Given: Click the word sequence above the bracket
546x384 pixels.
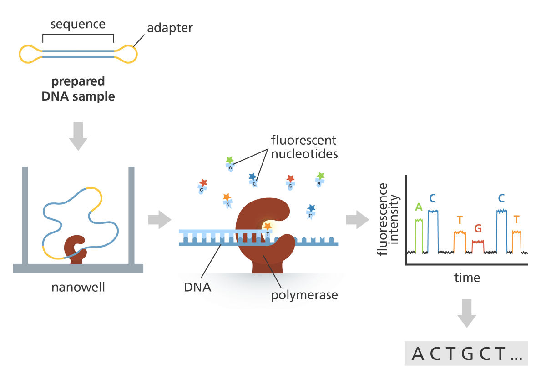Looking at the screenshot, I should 78,24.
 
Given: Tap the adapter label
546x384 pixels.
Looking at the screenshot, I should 170,28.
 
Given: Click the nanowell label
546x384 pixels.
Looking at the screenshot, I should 78,288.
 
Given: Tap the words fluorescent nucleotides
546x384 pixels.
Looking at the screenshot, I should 304,147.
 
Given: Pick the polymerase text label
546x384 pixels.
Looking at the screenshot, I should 304,295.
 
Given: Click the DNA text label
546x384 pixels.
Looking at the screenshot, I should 198,287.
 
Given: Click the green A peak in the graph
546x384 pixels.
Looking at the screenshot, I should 419,234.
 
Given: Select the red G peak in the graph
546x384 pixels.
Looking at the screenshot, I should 478,246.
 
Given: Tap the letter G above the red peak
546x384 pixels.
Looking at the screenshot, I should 478,229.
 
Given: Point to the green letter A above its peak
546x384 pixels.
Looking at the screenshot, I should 419,207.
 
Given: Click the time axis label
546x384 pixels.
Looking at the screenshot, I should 467,278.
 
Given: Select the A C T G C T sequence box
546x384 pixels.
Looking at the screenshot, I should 466,353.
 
